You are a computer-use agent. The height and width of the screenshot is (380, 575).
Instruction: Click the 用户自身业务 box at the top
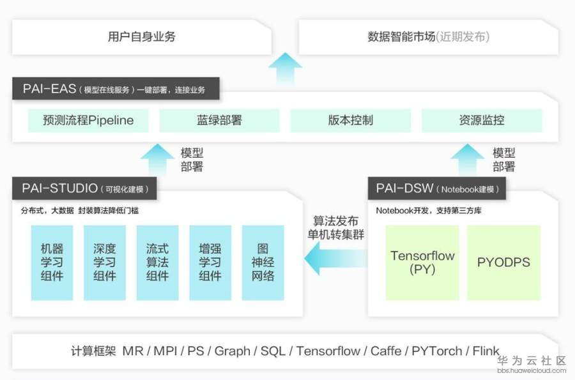142,36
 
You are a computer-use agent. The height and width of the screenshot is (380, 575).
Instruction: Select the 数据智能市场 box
428,36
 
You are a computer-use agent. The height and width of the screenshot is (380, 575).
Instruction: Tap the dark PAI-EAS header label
116,89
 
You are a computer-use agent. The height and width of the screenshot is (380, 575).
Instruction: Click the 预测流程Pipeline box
88,120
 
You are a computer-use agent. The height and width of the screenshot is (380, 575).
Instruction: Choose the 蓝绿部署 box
219,120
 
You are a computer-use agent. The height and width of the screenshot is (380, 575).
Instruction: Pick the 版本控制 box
350,120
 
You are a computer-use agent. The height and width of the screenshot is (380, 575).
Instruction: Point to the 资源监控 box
481,120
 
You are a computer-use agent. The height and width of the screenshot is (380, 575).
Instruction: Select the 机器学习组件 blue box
52,262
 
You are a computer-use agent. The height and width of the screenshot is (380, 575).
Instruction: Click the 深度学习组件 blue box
105,262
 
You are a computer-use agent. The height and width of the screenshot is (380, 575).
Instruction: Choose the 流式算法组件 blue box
157,262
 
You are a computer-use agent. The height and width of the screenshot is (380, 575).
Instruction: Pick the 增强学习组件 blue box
210,262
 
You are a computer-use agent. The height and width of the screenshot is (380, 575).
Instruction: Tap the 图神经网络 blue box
263,262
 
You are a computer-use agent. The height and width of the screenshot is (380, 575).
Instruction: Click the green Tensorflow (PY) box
422,262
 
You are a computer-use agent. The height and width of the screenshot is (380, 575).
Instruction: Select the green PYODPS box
503,262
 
